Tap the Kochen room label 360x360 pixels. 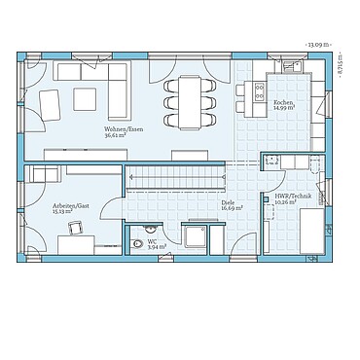point(282,102)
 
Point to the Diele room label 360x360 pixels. point(230,202)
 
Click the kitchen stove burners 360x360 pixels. point(260,91)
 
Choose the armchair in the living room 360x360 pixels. point(49,101)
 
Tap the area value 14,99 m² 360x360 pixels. point(282,108)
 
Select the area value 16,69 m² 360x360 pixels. point(230,208)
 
